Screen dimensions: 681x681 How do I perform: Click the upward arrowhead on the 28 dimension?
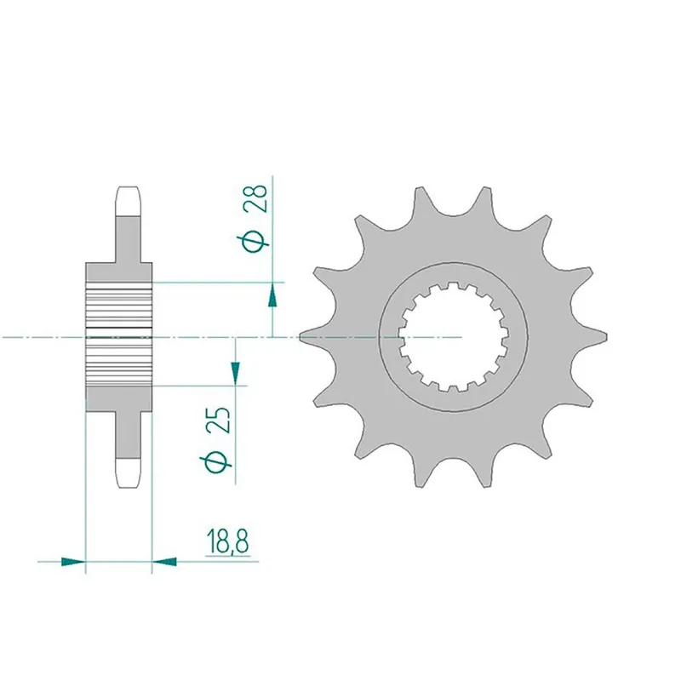click(272, 295)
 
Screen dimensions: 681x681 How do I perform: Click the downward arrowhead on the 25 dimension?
click(236, 371)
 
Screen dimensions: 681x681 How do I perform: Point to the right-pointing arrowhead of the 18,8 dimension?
click(75, 561)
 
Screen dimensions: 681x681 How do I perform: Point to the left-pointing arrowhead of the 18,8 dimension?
click(165, 561)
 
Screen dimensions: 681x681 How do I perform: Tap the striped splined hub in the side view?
click(118, 336)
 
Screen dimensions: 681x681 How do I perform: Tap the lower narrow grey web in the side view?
click(127, 434)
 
